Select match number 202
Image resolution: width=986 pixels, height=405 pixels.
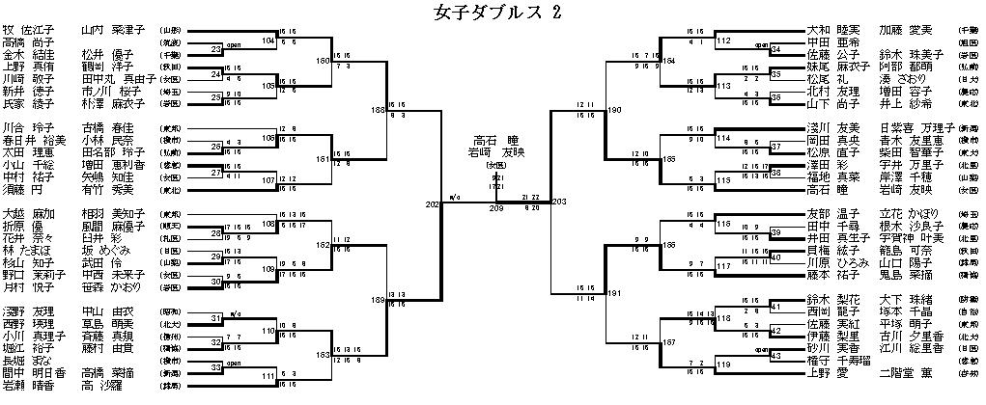432,204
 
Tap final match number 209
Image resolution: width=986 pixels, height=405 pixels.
496,207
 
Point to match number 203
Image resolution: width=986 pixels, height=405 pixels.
558,202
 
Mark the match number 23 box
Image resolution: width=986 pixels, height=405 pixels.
217,44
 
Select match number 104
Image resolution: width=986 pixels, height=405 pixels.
268,42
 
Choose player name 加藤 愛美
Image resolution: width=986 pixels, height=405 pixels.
907,31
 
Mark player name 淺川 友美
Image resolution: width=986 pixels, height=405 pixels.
830,126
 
